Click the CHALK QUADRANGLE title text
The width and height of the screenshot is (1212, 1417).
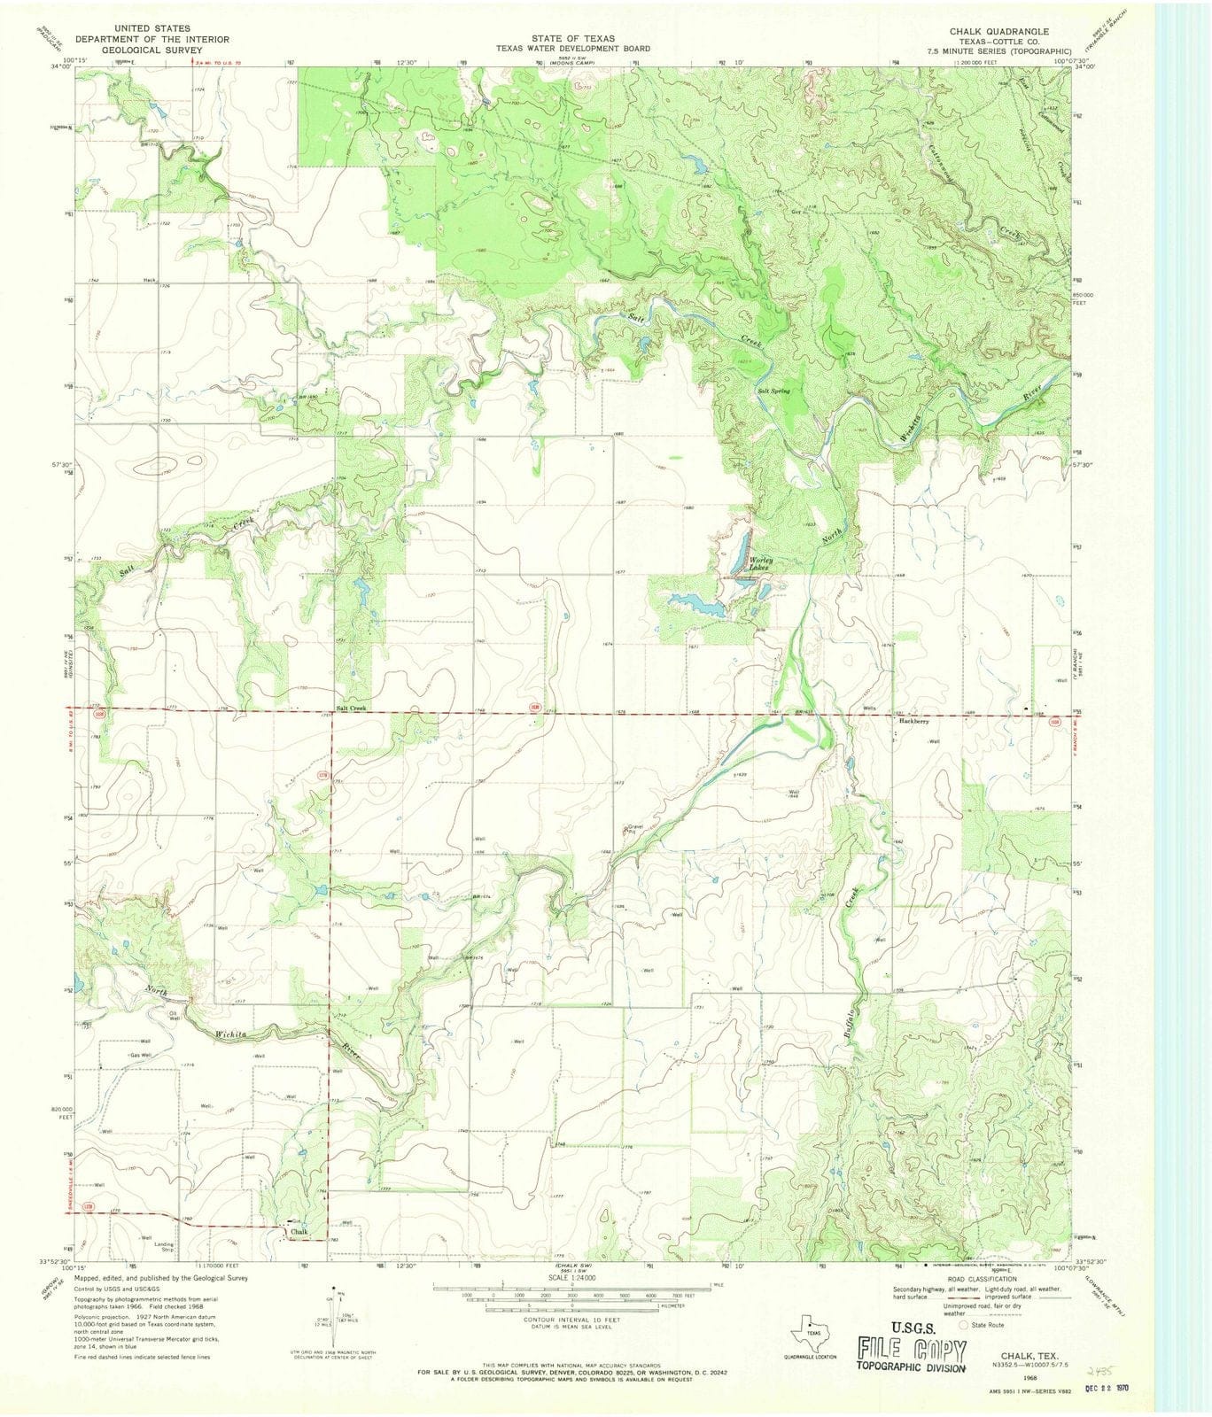pos(998,31)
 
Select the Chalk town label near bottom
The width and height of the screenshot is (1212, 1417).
pos(298,1232)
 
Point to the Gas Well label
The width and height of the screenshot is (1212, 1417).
pos(141,1056)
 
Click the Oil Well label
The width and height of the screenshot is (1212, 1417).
pos(175,1016)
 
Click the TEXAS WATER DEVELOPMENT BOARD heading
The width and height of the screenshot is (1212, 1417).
pos(572,49)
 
